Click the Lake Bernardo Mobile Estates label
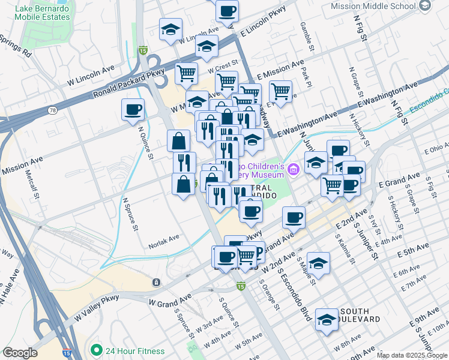pos(43,12)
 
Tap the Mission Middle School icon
pos(425,5)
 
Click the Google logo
pos(20,353)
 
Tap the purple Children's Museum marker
pos(293,170)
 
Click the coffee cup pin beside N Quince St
pos(133,110)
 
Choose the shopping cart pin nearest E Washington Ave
pos(280,91)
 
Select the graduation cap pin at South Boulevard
pos(327,320)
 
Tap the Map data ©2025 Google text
pos(411,355)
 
